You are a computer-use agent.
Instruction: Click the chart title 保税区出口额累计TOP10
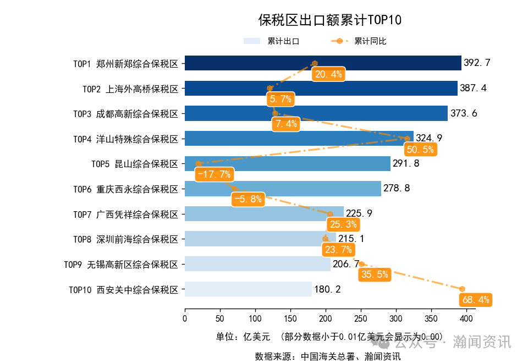click(x=330, y=20)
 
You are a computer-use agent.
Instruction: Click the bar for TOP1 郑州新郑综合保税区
click(x=322, y=63)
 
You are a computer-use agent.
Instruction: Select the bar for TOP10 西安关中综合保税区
click(x=248, y=289)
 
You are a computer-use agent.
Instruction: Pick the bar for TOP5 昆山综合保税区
click(x=287, y=164)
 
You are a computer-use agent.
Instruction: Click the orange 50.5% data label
click(x=420, y=149)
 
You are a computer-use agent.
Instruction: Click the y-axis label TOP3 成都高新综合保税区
click(x=126, y=114)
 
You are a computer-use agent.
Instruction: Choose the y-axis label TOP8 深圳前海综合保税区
click(x=126, y=239)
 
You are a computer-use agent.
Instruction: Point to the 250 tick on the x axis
click(x=361, y=318)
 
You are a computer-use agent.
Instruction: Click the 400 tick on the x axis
click(x=466, y=318)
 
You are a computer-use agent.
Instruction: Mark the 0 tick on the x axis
click(x=185, y=318)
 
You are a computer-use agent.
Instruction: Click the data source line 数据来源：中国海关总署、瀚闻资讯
click(x=328, y=356)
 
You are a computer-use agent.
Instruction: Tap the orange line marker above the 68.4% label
click(x=462, y=289)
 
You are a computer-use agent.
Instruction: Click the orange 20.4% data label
click(x=328, y=74)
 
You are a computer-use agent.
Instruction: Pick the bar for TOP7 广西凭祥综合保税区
click(x=264, y=214)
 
